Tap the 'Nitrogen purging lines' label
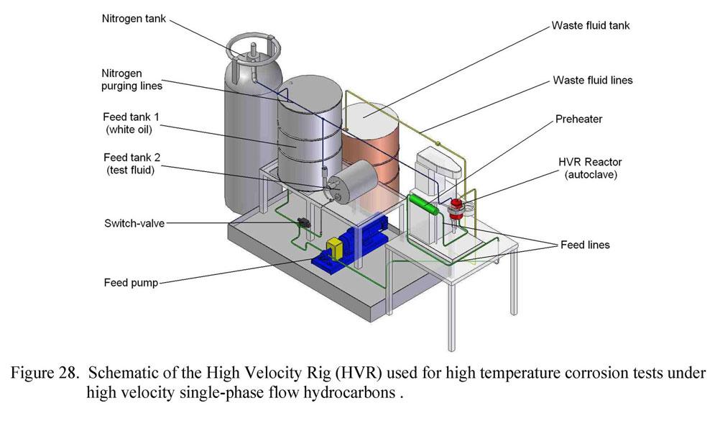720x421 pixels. click(x=131, y=78)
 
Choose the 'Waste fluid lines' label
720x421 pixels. click(x=592, y=80)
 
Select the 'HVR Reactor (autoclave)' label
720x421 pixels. click(x=594, y=170)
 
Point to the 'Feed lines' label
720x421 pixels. click(x=584, y=245)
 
